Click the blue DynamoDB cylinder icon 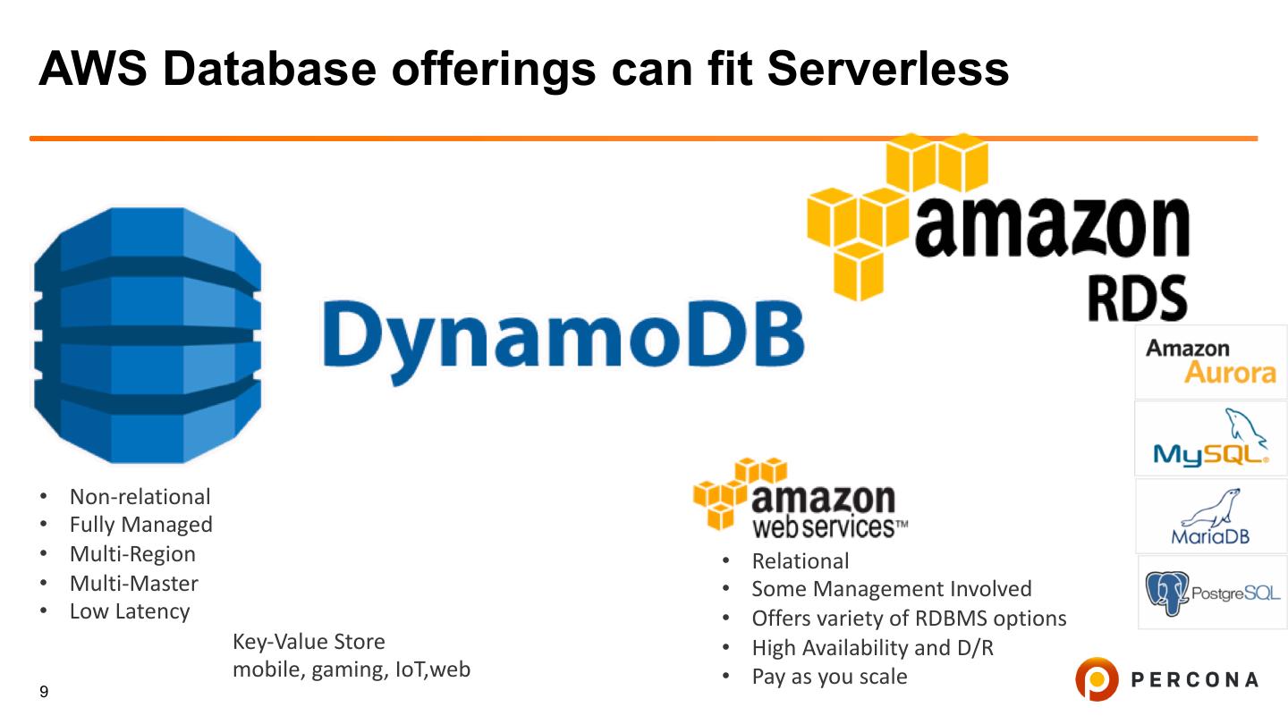(148, 335)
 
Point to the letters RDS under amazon (1137, 298)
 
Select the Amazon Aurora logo (1210, 361)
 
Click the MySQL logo (1210, 438)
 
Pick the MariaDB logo (1210, 518)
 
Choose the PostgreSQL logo (1212, 593)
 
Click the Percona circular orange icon (1097, 679)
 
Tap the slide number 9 (44, 693)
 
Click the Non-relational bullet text (140, 497)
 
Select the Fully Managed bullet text (140, 525)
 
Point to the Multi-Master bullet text (133, 584)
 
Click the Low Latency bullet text (130, 611)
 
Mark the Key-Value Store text (309, 642)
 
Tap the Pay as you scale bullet (828, 677)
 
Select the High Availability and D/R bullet (872, 648)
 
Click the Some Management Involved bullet (891, 589)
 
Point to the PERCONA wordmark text (1194, 680)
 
